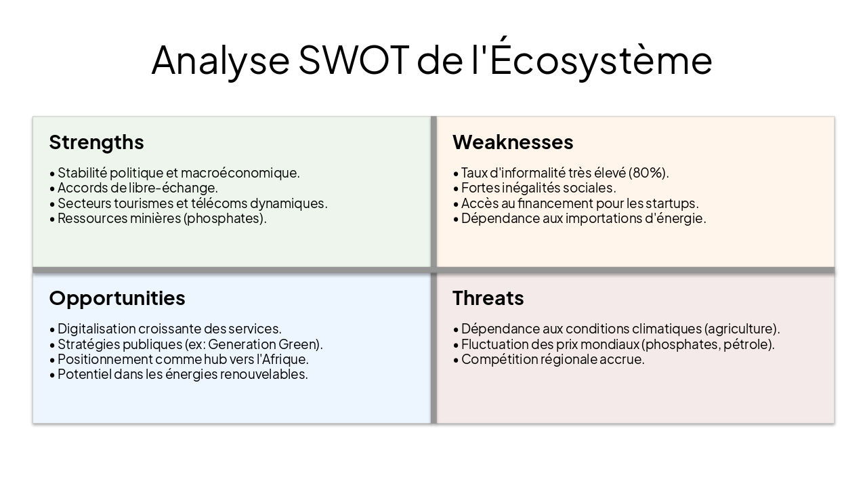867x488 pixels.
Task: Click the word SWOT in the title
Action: (354, 60)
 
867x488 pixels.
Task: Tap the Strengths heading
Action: (96, 142)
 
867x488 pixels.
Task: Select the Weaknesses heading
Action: (513, 142)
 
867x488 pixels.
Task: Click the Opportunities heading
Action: (117, 298)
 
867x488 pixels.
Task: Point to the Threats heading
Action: (488, 298)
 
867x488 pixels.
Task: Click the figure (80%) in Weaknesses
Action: (648, 173)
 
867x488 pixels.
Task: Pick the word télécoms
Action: (219, 203)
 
